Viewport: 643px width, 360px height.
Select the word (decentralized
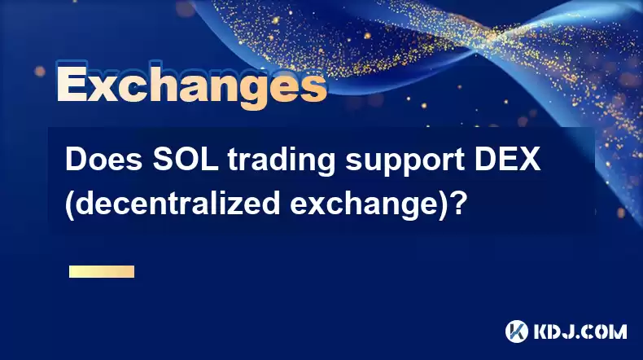pyautogui.click(x=173, y=204)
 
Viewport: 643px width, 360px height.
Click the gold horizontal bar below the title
pyautogui.click(x=102, y=271)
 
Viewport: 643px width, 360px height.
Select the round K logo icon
pyautogui.click(x=516, y=331)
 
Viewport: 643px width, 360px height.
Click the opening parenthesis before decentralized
pyautogui.click(x=70, y=204)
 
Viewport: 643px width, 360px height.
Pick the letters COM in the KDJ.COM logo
pyautogui.click(x=603, y=331)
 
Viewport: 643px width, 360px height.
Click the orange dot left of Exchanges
pyautogui.click(x=40, y=72)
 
